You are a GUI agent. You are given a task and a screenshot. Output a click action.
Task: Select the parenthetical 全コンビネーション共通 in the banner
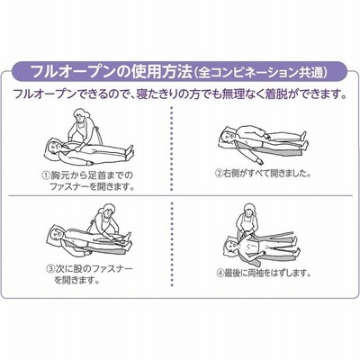pyautogui.click(x=261, y=72)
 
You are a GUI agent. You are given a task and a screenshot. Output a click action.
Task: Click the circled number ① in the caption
pyautogui.click(x=46, y=175)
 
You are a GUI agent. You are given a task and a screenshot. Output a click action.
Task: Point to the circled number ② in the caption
pyautogui.click(x=220, y=174)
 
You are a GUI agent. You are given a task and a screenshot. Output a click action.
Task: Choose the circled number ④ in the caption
pyautogui.click(x=220, y=274)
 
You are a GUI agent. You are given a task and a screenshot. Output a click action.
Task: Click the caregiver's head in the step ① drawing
pyautogui.click(x=82, y=115)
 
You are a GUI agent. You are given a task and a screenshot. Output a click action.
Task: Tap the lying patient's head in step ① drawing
pyautogui.click(x=54, y=147)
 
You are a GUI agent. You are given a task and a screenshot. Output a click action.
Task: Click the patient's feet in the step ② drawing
pyautogui.click(x=302, y=140)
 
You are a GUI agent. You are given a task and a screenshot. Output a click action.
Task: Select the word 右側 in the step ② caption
pyautogui.click(x=231, y=174)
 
